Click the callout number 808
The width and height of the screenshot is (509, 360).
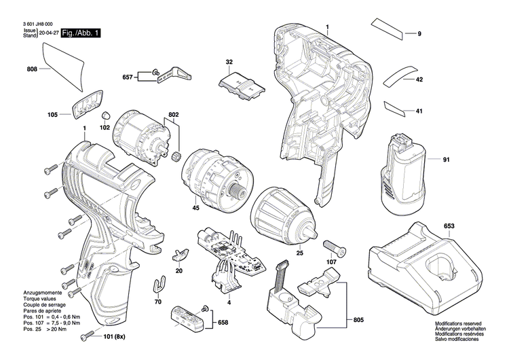tap(32, 69)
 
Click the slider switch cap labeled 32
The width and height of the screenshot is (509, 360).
tap(240, 86)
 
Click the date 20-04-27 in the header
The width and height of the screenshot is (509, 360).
tap(48, 33)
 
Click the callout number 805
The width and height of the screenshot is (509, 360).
tap(357, 300)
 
